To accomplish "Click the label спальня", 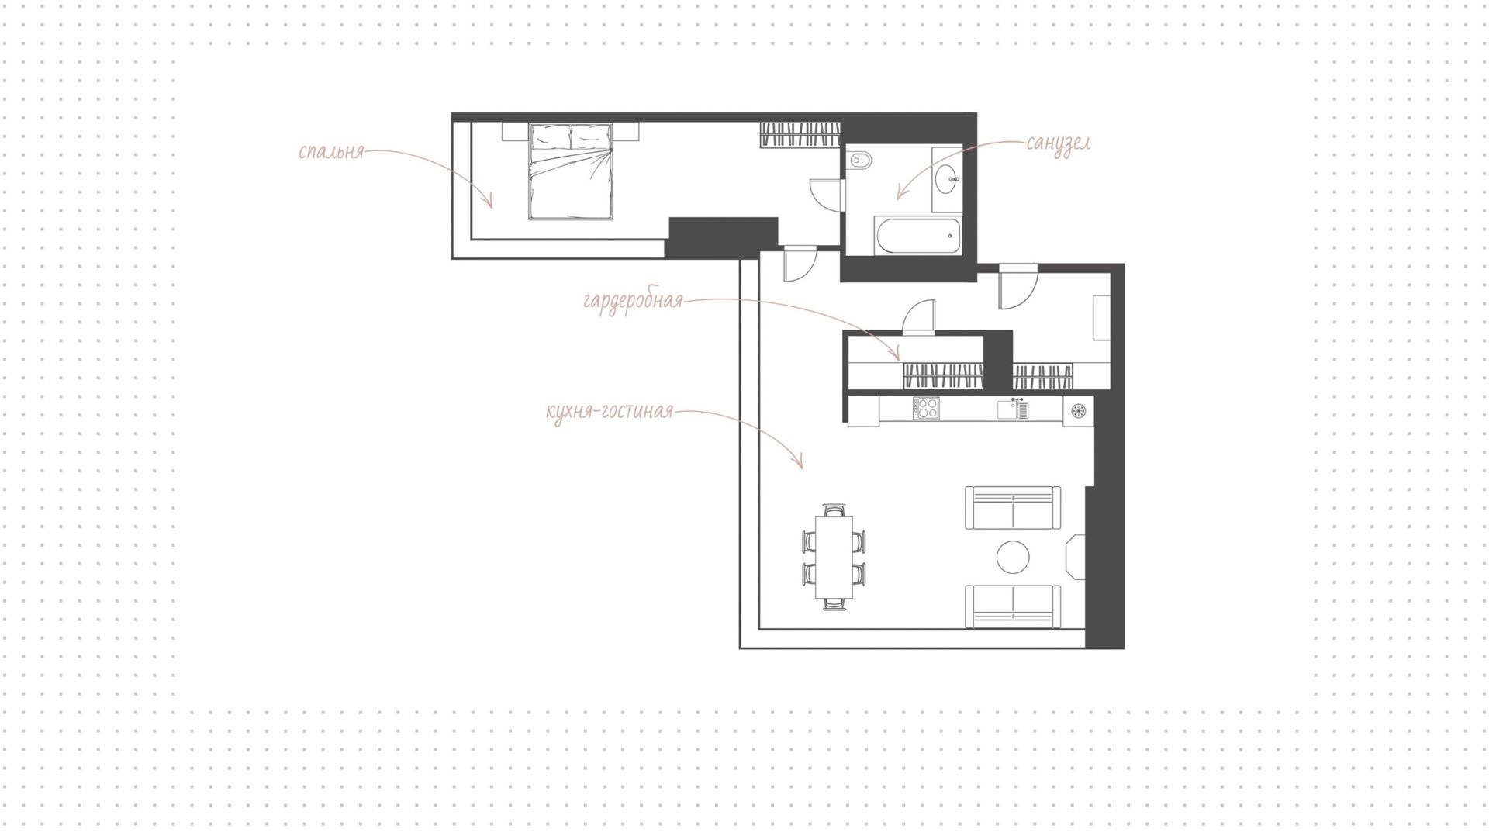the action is coord(331,151).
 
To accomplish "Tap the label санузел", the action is coord(1059,143).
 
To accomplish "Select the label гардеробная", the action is coord(633,301).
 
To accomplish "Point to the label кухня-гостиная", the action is coord(610,412).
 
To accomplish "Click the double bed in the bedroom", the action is coord(571,171).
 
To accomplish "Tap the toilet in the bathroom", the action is coord(860,162).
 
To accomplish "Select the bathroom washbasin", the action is coord(948,180).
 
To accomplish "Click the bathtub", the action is coord(917,236).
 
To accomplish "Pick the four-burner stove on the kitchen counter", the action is coord(926,408).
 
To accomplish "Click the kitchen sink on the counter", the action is coord(1013,409).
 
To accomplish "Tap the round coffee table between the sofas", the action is coord(1013,557).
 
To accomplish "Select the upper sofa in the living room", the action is coord(1013,508).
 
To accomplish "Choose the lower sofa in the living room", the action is coord(1013,606).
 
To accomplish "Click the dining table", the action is coord(834,557).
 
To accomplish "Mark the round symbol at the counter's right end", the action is coord(1079,410).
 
